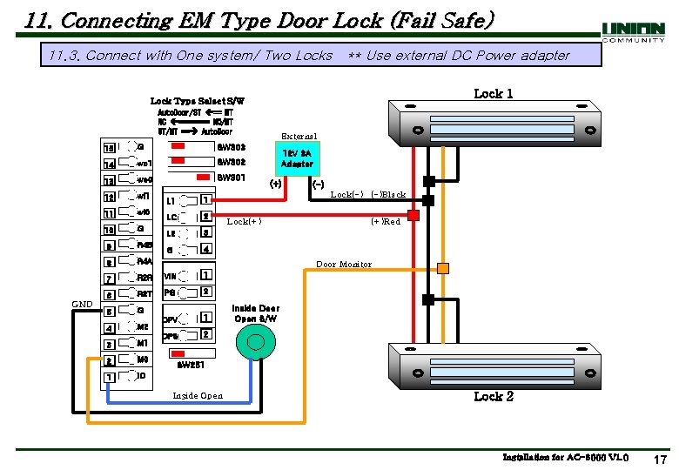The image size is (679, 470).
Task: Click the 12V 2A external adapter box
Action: click(x=297, y=158)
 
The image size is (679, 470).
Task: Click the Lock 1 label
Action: click(x=493, y=94)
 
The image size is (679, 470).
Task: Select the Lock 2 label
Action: click(x=493, y=396)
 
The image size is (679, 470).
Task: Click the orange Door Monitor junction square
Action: click(x=443, y=268)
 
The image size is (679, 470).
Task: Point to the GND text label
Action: click(x=82, y=304)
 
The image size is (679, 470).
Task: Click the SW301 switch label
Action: click(x=232, y=178)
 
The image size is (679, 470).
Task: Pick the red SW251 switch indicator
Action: click(x=192, y=355)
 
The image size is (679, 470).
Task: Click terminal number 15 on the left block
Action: click(x=110, y=147)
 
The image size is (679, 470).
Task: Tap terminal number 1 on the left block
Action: click(x=110, y=377)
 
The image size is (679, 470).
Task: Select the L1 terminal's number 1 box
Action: click(x=205, y=200)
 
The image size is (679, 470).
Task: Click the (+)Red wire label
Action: click(x=386, y=222)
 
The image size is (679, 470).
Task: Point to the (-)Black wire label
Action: click(x=387, y=194)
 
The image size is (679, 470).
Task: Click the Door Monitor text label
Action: click(x=343, y=264)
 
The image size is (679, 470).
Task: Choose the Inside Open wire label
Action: click(x=198, y=396)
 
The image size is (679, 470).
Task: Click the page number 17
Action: click(x=659, y=459)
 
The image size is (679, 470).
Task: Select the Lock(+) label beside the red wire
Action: click(x=244, y=222)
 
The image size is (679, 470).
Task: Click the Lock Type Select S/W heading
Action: click(x=198, y=102)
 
